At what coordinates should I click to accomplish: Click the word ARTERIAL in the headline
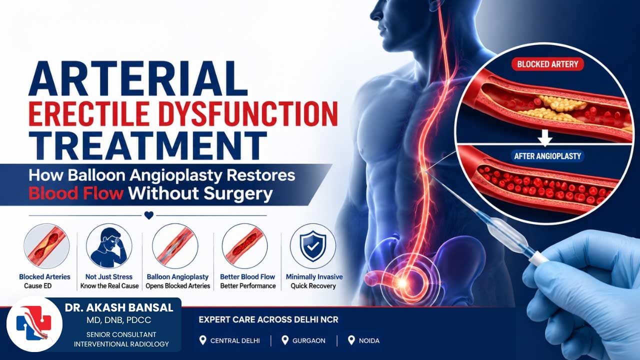point(138,78)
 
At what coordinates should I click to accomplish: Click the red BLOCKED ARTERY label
point(547,64)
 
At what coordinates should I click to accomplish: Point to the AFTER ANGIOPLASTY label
point(547,156)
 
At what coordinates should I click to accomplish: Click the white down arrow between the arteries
point(544,137)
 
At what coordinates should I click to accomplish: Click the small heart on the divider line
point(149,215)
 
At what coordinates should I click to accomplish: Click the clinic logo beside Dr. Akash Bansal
point(34,324)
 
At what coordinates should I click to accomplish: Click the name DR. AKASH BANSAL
point(119,307)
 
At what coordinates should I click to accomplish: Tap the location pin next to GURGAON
point(285,340)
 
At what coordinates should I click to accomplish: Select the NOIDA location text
point(369,340)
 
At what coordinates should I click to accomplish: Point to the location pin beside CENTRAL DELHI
point(202,340)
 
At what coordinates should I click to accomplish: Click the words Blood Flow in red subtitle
point(76,193)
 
